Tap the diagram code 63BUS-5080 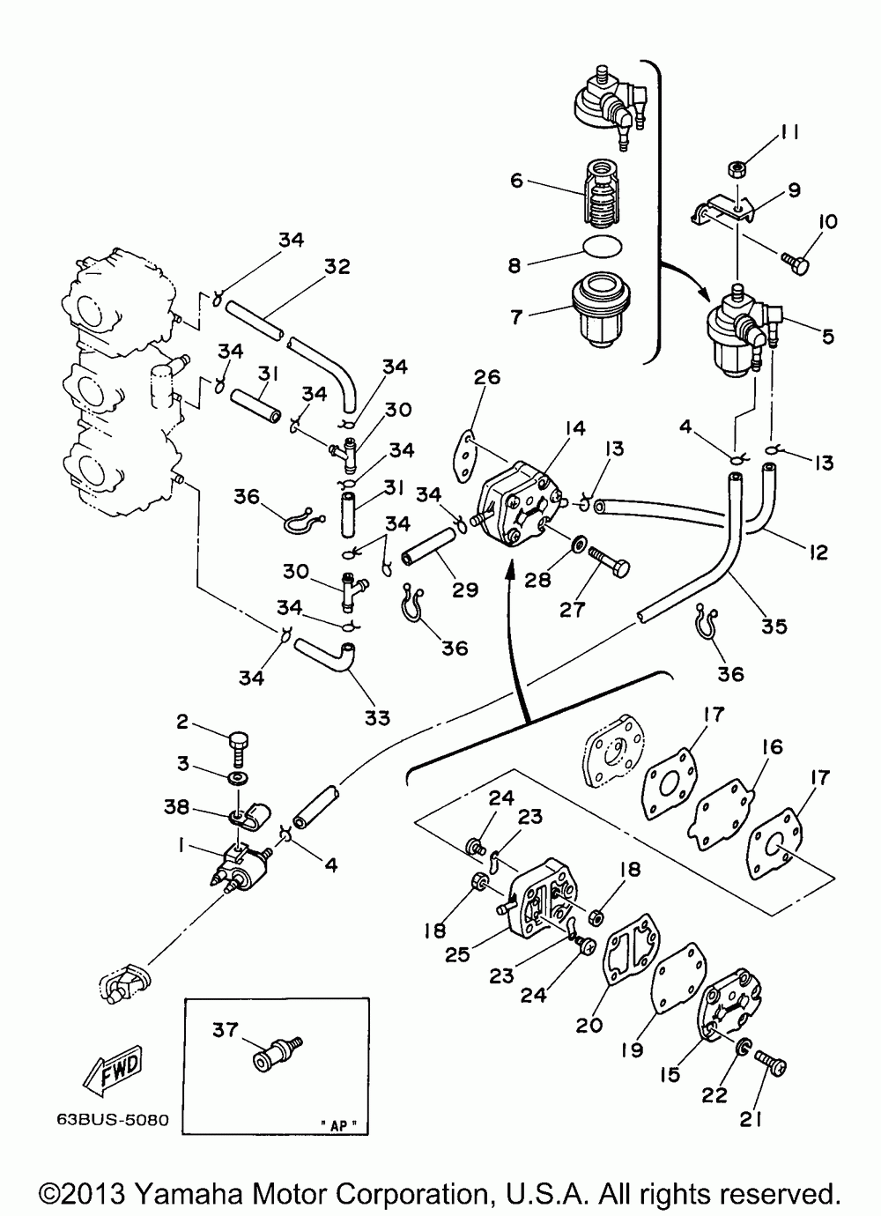coord(113,1120)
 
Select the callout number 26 coord(487,377)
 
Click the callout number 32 coord(337,266)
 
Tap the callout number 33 coord(377,717)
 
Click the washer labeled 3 coord(238,780)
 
